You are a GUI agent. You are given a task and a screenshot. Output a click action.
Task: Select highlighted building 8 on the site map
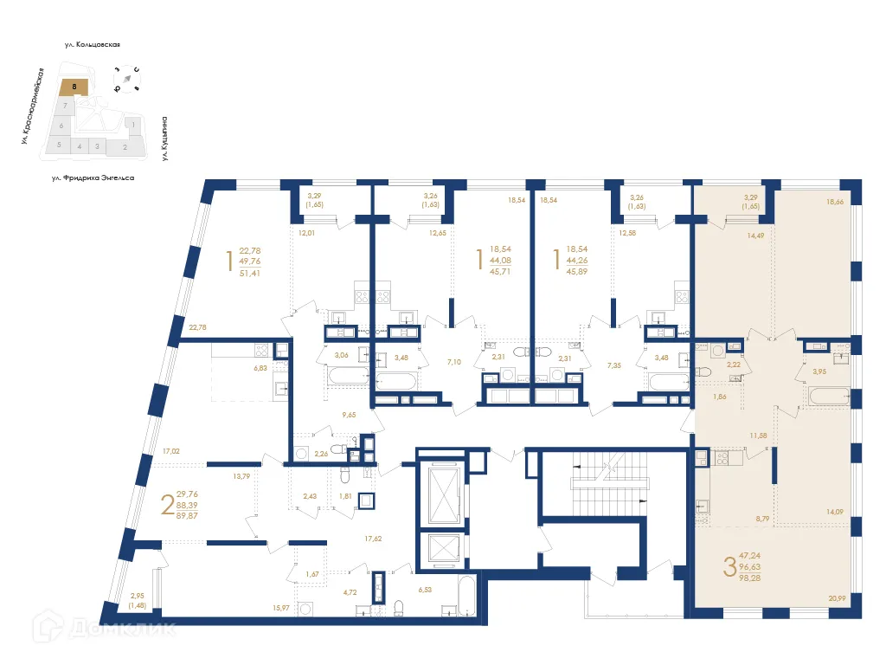[x=75, y=87]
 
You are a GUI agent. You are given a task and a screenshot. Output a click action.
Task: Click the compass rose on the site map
[x=127, y=79]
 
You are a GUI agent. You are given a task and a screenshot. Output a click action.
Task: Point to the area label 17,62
[x=374, y=538]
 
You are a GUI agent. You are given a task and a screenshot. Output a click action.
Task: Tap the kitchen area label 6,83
[x=260, y=368]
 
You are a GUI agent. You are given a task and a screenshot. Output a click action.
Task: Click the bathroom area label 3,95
[x=819, y=371]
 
